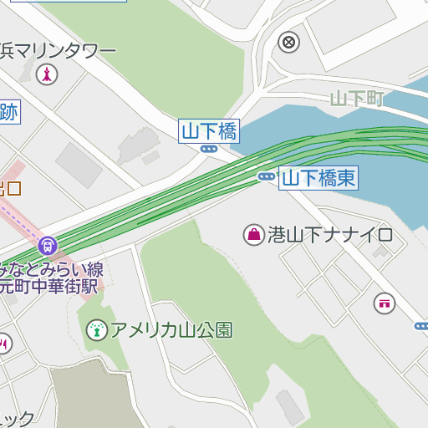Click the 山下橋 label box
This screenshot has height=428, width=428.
209,130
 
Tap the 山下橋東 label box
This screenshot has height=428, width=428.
318,177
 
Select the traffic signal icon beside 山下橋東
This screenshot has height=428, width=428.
267,176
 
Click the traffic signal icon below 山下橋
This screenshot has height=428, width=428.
209,149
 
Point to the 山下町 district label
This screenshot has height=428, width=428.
356,99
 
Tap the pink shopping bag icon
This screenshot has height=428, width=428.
252,234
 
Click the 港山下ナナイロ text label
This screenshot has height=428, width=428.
330,234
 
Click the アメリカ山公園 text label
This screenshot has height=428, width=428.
171,330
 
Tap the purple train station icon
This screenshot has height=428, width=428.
48,246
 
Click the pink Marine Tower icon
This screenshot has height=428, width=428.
48,74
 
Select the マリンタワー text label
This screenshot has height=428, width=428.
59,51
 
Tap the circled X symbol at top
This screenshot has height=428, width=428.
289,41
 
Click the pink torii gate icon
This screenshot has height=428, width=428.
385,303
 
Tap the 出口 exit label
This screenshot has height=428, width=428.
10,188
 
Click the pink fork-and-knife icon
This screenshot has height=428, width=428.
4,343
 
